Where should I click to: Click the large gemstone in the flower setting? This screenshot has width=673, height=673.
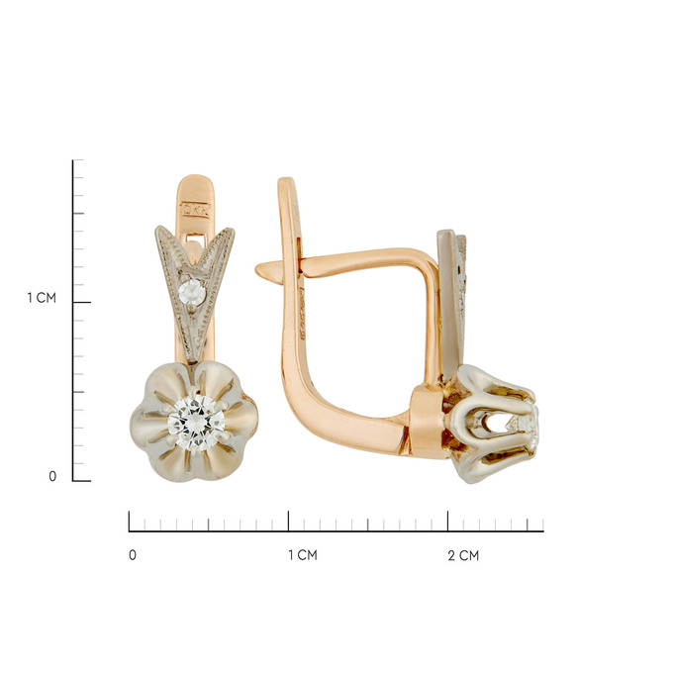196,423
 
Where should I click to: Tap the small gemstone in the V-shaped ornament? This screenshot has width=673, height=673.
192,292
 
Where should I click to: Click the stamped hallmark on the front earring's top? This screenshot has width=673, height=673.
196,210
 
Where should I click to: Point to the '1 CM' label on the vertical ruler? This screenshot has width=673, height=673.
42,298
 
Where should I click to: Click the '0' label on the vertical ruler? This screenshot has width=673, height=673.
52,476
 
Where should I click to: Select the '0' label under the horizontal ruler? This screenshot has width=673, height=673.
133,554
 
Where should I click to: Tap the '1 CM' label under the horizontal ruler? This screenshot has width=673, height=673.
303,555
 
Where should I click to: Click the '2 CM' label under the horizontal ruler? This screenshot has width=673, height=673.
463,555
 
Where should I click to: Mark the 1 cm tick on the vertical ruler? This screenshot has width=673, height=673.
81,302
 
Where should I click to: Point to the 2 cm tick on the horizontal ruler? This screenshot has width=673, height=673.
447,521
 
